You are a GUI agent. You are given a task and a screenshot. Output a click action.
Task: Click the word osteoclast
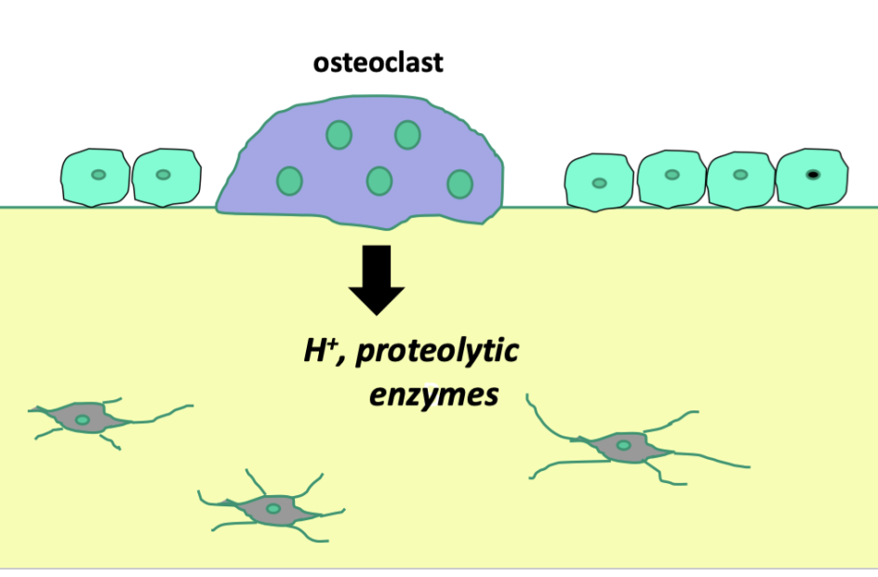click(x=379, y=64)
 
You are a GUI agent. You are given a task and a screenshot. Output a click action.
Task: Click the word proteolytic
click(x=438, y=353)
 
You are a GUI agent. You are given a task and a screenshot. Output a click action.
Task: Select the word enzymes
click(x=433, y=395)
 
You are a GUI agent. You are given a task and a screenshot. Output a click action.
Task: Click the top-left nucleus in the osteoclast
click(x=339, y=136)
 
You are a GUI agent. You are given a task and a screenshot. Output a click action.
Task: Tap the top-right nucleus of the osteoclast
click(x=407, y=135)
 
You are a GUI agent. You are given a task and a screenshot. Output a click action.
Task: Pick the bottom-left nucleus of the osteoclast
click(x=289, y=181)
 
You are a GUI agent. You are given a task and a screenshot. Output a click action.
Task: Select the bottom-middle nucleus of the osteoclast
click(x=379, y=181)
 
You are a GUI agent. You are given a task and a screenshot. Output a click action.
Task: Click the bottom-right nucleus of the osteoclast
click(x=459, y=184)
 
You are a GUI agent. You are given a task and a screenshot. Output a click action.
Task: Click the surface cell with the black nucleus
click(x=812, y=177)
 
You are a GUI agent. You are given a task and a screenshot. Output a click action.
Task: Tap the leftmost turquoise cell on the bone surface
click(x=95, y=176)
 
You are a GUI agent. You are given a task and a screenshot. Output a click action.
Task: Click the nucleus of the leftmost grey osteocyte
click(x=83, y=421)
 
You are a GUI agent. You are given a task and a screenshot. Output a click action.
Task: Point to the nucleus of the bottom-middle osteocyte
click(x=273, y=509)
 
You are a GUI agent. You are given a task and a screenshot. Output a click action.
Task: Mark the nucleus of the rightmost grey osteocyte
click(x=623, y=447)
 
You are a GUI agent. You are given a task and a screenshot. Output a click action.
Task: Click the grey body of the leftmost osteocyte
click(x=98, y=420)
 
